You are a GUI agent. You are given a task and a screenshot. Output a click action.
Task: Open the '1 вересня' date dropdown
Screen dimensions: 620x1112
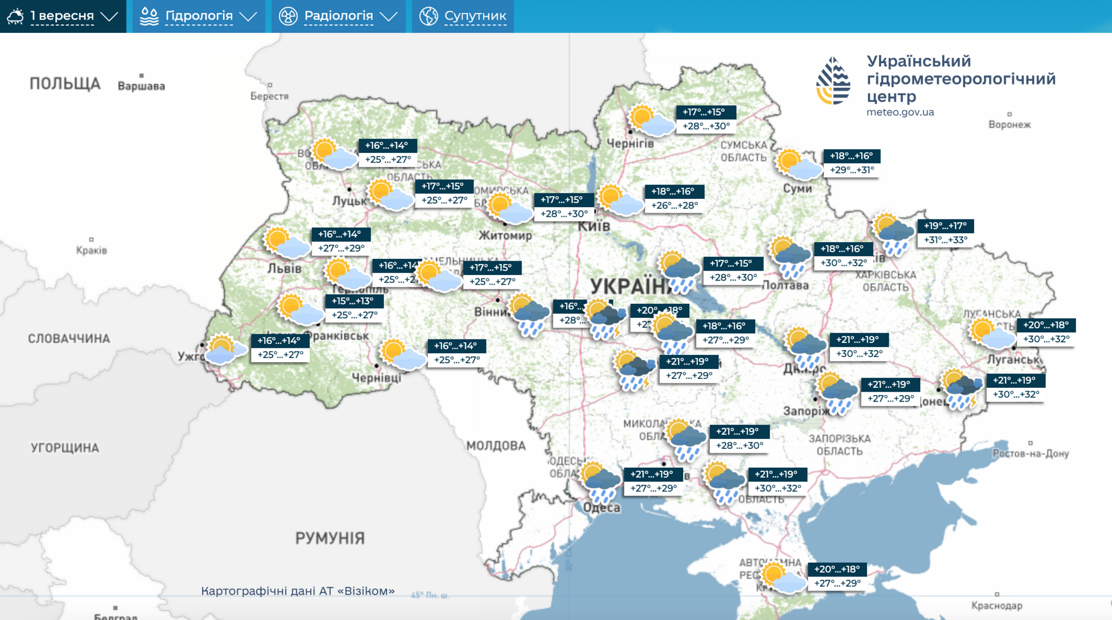[63, 16]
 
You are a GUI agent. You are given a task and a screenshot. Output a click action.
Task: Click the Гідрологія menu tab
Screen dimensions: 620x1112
[198, 16]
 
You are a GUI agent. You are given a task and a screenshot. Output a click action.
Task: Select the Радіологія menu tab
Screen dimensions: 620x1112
[338, 16]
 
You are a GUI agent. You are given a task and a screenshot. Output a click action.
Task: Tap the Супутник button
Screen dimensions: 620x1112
[463, 16]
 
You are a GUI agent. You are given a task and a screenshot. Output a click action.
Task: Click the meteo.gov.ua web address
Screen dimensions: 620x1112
[900, 112]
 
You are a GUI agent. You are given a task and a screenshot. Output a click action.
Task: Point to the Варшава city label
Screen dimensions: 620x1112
[141, 86]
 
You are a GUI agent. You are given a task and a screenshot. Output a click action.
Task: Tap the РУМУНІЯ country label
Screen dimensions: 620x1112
[330, 538]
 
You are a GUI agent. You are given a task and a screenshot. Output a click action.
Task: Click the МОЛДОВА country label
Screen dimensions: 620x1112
[496, 446]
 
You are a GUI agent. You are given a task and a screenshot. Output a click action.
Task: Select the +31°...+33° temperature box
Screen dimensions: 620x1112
[945, 240]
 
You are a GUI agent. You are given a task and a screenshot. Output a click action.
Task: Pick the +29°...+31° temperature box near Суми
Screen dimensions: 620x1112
[852, 170]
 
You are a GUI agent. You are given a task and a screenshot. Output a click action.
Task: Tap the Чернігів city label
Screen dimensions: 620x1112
[630, 143]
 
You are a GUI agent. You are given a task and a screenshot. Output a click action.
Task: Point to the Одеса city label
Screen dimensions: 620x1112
[602, 507]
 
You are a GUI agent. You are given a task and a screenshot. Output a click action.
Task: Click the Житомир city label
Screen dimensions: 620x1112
[505, 236]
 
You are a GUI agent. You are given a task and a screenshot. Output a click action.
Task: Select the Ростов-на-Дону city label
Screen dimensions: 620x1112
[1030, 453]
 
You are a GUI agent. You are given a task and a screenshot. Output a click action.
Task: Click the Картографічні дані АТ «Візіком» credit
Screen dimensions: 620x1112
[298, 591]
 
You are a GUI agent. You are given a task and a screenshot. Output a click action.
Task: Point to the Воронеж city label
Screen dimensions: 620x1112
[1009, 124]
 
